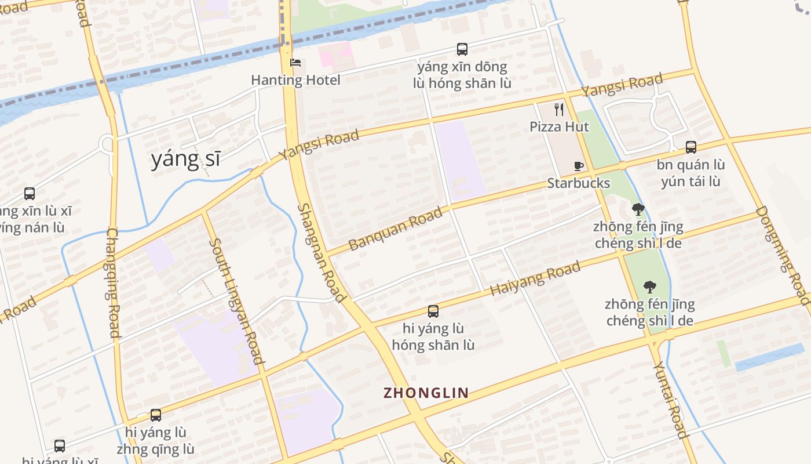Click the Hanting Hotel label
click(x=295, y=80)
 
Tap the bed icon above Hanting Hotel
click(x=295, y=63)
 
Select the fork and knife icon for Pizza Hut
click(x=559, y=110)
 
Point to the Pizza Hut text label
click(x=559, y=126)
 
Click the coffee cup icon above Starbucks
click(x=578, y=166)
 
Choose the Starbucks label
click(x=578, y=183)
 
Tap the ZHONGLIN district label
click(x=426, y=393)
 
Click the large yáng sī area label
click(x=185, y=158)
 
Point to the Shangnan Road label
click(x=322, y=252)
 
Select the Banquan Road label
click(x=396, y=228)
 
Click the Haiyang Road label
click(x=535, y=278)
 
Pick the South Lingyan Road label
click(x=236, y=301)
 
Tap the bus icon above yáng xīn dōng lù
click(x=462, y=49)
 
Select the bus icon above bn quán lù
click(x=691, y=147)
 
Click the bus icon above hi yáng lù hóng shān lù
click(x=433, y=311)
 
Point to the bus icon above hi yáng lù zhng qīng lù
click(x=155, y=415)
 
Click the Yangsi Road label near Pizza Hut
click(x=622, y=86)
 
